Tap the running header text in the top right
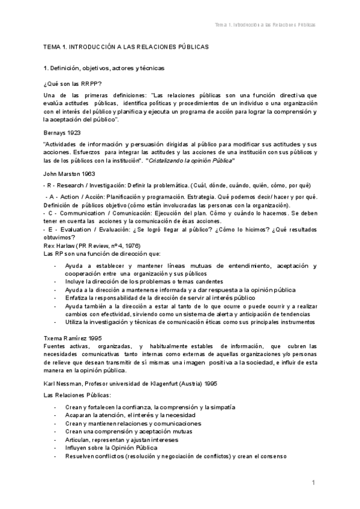pos(265,25)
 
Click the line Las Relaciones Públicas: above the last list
pos(74,396)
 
